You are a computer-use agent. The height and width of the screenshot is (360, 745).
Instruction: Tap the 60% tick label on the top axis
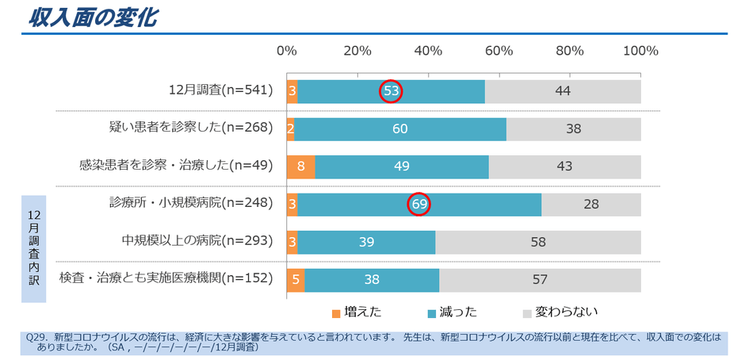(499, 51)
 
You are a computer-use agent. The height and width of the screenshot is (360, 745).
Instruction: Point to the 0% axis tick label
(287, 51)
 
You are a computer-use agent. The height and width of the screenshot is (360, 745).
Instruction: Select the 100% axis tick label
(640, 51)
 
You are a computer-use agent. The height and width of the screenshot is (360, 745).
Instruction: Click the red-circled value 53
(391, 91)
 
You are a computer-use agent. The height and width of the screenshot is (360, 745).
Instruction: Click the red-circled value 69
(419, 204)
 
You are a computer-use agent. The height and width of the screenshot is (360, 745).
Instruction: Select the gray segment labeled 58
(537, 241)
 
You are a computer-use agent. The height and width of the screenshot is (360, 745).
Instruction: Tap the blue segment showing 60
(400, 128)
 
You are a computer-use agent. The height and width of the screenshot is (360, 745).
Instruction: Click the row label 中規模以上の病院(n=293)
(197, 241)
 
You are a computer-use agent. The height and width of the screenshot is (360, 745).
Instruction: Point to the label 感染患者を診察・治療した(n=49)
(176, 167)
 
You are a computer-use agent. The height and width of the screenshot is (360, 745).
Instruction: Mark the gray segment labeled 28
(590, 204)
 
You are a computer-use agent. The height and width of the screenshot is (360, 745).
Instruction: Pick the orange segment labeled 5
(295, 278)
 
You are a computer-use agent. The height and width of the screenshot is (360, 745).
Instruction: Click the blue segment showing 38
(372, 278)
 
